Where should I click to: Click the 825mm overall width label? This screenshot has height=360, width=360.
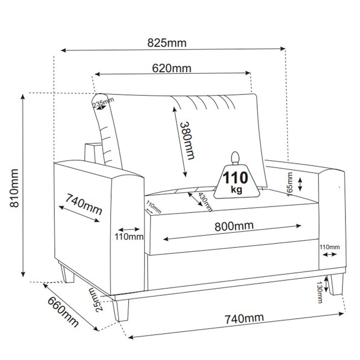pos(167,43)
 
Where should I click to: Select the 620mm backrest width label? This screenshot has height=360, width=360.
pos(172,68)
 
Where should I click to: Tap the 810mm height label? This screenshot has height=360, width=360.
pos(14,188)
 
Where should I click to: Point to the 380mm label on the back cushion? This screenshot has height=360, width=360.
pos(187,141)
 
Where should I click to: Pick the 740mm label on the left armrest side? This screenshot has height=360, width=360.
pos(83,204)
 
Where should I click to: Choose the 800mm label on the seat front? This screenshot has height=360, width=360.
pos(234,226)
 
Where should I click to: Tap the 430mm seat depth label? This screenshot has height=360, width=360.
pos(205,202)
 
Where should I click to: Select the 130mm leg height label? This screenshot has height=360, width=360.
pos(320,292)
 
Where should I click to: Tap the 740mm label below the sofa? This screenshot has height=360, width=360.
pos(244,319)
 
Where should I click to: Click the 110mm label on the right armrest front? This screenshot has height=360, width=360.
pos(329,247)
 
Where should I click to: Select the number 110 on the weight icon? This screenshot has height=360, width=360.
pos(236,178)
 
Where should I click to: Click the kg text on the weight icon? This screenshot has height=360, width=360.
pos(237,189)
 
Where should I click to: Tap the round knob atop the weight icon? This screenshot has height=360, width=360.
pos(235,157)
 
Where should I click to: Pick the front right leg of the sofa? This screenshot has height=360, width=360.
pos(335,284)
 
